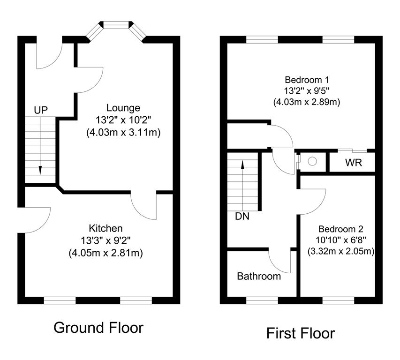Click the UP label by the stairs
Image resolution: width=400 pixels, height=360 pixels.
(41, 110)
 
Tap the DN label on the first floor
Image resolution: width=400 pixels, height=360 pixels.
(242, 217)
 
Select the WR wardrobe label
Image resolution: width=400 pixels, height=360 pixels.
(353, 164)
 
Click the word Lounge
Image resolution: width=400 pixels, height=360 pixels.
(123, 108)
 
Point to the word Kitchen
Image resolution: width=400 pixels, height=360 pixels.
(106, 229)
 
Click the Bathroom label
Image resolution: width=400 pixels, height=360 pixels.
(259, 276)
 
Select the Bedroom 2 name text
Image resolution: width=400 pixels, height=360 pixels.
(341, 229)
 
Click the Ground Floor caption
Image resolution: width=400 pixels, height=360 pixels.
(98, 327)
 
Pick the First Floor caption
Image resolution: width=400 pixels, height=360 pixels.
(301, 333)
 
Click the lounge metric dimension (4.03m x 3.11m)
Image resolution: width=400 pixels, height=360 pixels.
(123, 133)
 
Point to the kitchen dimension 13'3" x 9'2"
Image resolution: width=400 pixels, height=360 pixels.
(106, 241)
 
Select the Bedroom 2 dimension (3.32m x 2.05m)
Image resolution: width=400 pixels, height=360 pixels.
(341, 252)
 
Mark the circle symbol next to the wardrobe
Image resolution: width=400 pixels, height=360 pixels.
(312, 161)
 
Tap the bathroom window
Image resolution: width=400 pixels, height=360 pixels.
(262, 300)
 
